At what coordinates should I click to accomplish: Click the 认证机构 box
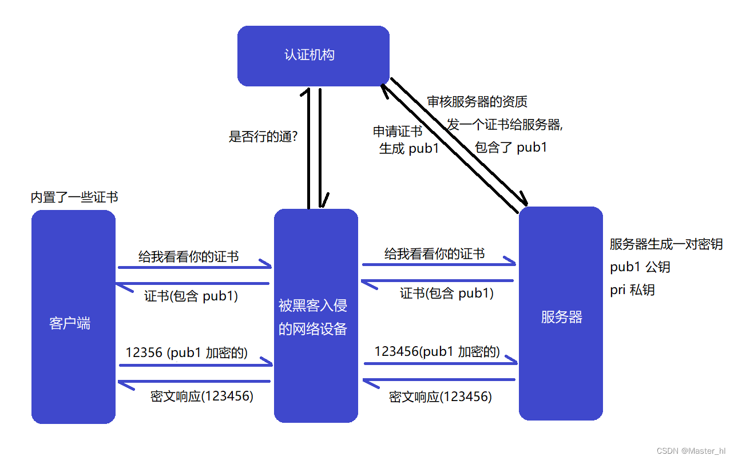point(313,55)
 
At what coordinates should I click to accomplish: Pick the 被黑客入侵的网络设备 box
point(316,316)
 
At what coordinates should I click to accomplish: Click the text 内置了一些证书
point(74,197)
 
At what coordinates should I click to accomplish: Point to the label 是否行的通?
point(263,137)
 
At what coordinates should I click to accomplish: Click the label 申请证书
point(398,132)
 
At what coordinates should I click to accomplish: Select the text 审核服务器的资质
point(477,102)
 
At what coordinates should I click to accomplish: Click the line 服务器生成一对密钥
point(666,244)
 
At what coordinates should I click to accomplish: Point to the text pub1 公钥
point(640,267)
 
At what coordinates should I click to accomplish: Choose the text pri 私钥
point(632,290)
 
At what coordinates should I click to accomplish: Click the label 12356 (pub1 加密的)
point(187,353)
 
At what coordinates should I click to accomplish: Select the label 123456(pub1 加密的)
point(437,351)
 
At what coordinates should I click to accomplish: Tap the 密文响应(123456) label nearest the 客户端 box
point(201,396)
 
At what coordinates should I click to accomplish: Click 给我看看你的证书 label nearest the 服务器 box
point(434,253)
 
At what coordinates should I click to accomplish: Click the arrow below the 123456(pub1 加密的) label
point(441,363)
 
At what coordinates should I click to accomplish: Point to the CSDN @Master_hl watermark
point(691,451)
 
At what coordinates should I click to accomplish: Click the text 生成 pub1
point(408,149)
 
